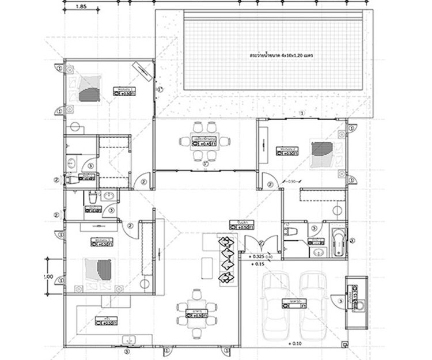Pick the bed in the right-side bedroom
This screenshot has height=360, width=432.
pyautogui.click(x=321, y=153)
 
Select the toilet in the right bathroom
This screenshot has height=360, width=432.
pyautogui.click(x=290, y=232)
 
